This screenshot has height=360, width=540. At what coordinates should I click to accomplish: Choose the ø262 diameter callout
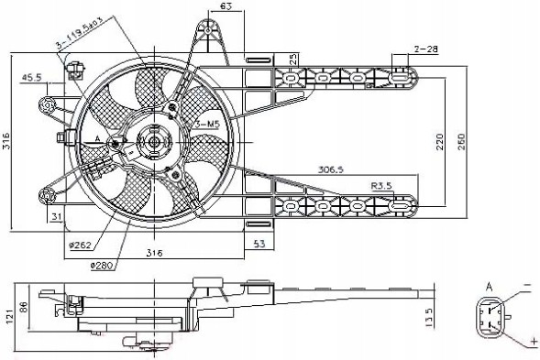tap(79, 245)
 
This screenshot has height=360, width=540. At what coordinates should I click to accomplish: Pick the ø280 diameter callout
tap(103, 266)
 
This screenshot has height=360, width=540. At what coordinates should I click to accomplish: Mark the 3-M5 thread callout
tap(206, 122)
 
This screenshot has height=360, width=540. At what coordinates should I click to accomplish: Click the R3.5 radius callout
tap(382, 186)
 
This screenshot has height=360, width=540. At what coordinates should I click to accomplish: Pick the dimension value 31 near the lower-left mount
tap(56, 216)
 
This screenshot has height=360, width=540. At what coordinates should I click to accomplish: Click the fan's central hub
tap(149, 142)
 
